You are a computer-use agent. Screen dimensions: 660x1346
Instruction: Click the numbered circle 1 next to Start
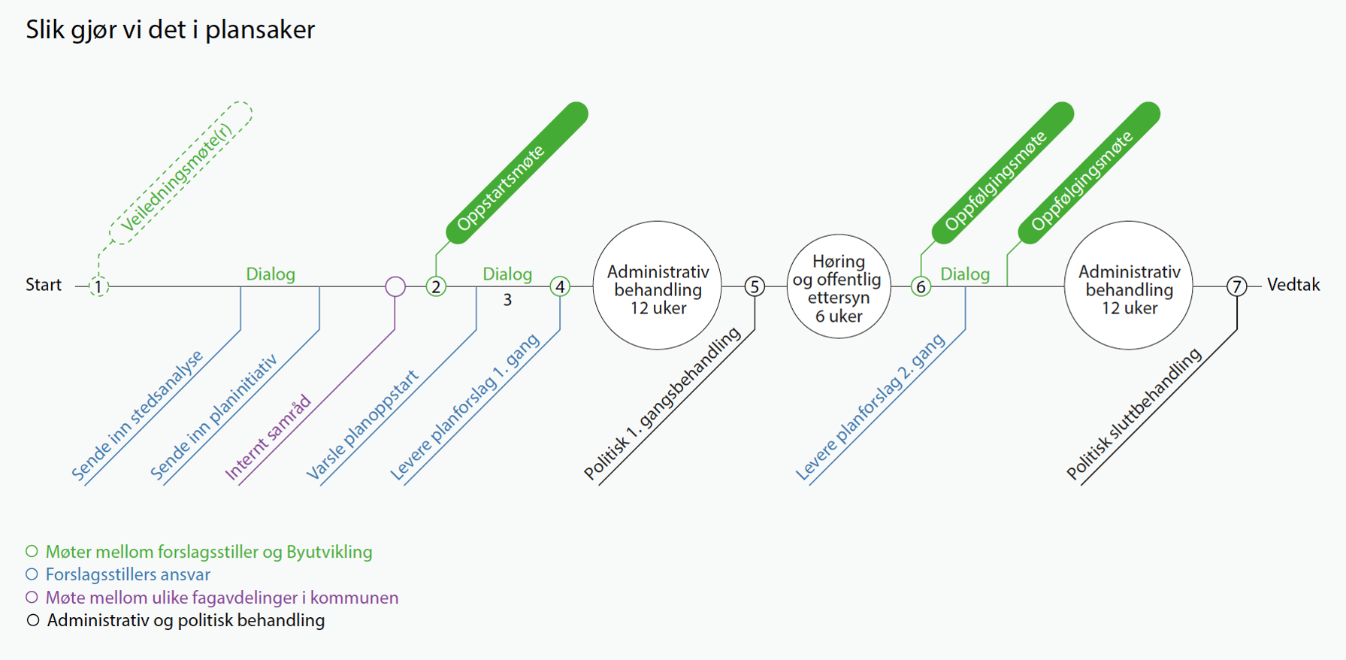pyautogui.click(x=98, y=286)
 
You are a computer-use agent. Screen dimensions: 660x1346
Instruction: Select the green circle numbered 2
pyautogui.click(x=436, y=286)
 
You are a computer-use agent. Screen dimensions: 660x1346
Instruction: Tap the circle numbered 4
pyautogui.click(x=560, y=286)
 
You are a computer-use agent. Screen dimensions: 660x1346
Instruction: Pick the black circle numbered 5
pyautogui.click(x=755, y=286)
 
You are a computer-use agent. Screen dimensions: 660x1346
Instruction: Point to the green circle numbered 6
pyautogui.click(x=921, y=286)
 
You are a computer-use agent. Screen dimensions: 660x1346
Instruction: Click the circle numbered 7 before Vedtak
pyautogui.click(x=1236, y=286)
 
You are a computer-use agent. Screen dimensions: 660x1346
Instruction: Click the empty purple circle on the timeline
pyautogui.click(x=395, y=286)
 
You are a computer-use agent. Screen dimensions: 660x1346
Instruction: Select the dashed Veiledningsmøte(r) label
pyautogui.click(x=180, y=174)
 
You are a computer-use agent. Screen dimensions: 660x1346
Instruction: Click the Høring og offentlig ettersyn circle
pyautogui.click(x=839, y=286)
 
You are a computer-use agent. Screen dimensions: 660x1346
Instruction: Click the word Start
pyautogui.click(x=44, y=285)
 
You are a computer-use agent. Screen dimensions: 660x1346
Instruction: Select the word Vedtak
pyautogui.click(x=1293, y=285)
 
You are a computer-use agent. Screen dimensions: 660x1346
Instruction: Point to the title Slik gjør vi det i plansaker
pyautogui.click(x=171, y=30)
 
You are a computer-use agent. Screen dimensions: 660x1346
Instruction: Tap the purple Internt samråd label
pyautogui.click(x=268, y=437)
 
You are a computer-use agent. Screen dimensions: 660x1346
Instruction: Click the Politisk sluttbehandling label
pyautogui.click(x=1134, y=414)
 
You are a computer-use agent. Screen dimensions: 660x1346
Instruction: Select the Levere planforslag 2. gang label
pyautogui.click(x=870, y=407)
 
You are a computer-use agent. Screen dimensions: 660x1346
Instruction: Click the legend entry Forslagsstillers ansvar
pyautogui.click(x=128, y=575)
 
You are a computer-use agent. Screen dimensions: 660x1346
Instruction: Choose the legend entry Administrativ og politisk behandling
pyautogui.click(x=186, y=621)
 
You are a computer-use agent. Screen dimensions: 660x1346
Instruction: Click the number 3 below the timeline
pyautogui.click(x=507, y=301)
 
